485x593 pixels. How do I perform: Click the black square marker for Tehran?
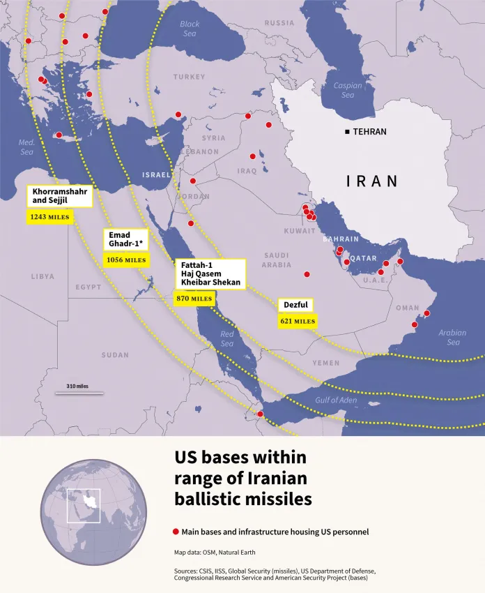pos(347,132)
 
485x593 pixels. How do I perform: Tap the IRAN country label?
pos(372,181)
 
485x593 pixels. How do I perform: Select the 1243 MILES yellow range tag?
pos(49,218)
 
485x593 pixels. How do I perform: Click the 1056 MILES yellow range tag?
pos(126,260)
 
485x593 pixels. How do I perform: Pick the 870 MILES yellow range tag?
pos(194,299)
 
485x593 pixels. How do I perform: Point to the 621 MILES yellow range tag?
pos(297,322)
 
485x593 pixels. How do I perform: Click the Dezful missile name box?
pos(295,306)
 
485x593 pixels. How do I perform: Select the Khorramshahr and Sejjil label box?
pos(60,196)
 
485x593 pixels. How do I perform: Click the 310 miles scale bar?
pos(79,393)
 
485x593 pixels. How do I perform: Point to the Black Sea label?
pos(189,29)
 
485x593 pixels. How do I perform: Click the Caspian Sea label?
pos(348,91)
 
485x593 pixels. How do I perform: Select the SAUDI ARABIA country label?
pos(276,260)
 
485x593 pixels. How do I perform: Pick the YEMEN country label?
pos(326,363)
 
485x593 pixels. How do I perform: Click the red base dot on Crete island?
pos(59,135)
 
